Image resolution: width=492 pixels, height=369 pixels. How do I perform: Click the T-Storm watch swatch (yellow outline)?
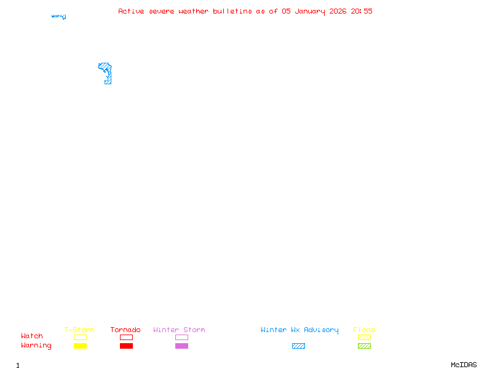(x=80, y=337)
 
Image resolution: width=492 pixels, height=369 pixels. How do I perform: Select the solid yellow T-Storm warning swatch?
(x=80, y=346)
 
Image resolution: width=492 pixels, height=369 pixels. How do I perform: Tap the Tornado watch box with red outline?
(x=126, y=337)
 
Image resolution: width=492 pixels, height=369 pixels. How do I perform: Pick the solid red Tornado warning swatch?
(x=126, y=346)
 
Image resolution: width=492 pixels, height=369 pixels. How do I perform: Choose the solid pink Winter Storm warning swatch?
(x=181, y=346)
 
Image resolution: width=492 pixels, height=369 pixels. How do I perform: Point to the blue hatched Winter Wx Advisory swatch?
(x=298, y=346)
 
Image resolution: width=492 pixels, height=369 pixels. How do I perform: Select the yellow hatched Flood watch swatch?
(x=364, y=337)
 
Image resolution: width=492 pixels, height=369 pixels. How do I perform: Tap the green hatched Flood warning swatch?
(x=364, y=346)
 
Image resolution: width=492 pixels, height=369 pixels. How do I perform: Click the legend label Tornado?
(x=125, y=330)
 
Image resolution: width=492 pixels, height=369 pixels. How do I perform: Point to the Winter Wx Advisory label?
(x=300, y=330)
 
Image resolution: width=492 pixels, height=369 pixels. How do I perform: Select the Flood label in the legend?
(x=364, y=330)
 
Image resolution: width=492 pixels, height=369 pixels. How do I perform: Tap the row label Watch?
(x=32, y=336)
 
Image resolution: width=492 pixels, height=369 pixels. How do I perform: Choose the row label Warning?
(x=36, y=346)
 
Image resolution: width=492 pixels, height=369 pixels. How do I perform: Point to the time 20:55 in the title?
(x=362, y=11)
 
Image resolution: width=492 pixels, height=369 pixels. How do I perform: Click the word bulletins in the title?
(x=232, y=11)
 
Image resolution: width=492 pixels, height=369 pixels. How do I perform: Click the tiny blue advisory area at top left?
(x=59, y=17)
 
